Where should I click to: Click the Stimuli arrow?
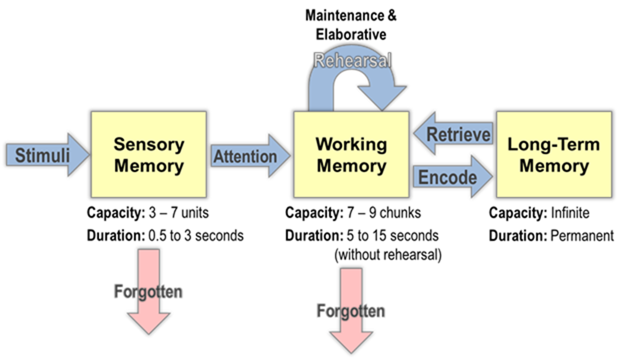[x=48, y=154]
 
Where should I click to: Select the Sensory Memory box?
[x=149, y=154]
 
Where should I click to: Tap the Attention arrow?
[x=251, y=156]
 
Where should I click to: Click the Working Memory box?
[x=351, y=154]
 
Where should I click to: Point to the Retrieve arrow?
[x=453, y=134]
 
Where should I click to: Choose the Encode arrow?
[x=453, y=176]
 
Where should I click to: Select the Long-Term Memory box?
[x=554, y=154]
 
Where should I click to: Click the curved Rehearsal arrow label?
[x=352, y=61]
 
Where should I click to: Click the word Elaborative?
[x=351, y=34]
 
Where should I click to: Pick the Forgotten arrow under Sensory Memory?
[x=149, y=292]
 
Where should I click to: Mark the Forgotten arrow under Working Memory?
[x=351, y=311]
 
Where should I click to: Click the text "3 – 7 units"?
[x=179, y=213]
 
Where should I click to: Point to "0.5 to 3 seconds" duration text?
[x=196, y=235]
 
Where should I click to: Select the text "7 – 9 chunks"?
[x=384, y=213]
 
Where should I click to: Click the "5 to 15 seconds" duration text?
[x=392, y=235]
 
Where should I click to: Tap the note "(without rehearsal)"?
[x=388, y=255]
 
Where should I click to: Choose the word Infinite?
[x=570, y=213]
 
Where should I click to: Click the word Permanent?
[x=582, y=235]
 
